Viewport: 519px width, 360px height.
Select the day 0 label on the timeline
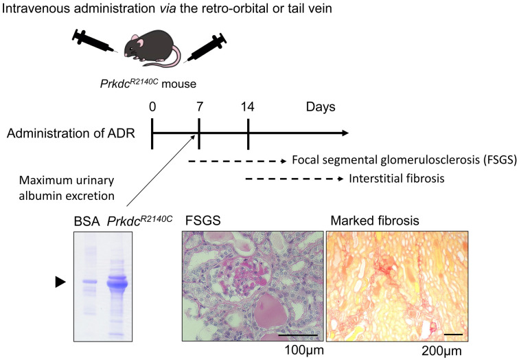coord(152,107)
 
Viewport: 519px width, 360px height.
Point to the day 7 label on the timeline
coord(199,107)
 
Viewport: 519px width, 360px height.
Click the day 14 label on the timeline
coord(248,107)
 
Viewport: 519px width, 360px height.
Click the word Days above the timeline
coord(320,107)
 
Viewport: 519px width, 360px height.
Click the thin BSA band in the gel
coord(87,281)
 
